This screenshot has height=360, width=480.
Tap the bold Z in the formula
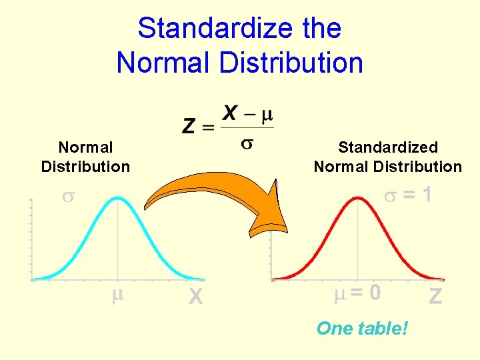pos(189,125)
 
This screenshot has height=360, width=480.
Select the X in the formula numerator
pos(229,113)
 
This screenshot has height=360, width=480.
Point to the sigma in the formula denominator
pos(247,145)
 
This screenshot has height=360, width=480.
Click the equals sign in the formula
pos(209,127)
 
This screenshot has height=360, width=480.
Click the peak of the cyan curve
pos(118,197)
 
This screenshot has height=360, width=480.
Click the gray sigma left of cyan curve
pos(67,197)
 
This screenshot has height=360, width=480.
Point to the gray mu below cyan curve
pos(118,294)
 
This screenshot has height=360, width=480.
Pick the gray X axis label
pos(195,295)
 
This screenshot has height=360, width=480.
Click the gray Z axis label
pos(435,295)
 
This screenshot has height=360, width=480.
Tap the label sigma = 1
pos(407,195)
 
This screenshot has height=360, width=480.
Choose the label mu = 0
pos(357,293)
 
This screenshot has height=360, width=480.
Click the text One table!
pos(361,328)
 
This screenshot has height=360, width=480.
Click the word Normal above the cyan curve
pos(86,147)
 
